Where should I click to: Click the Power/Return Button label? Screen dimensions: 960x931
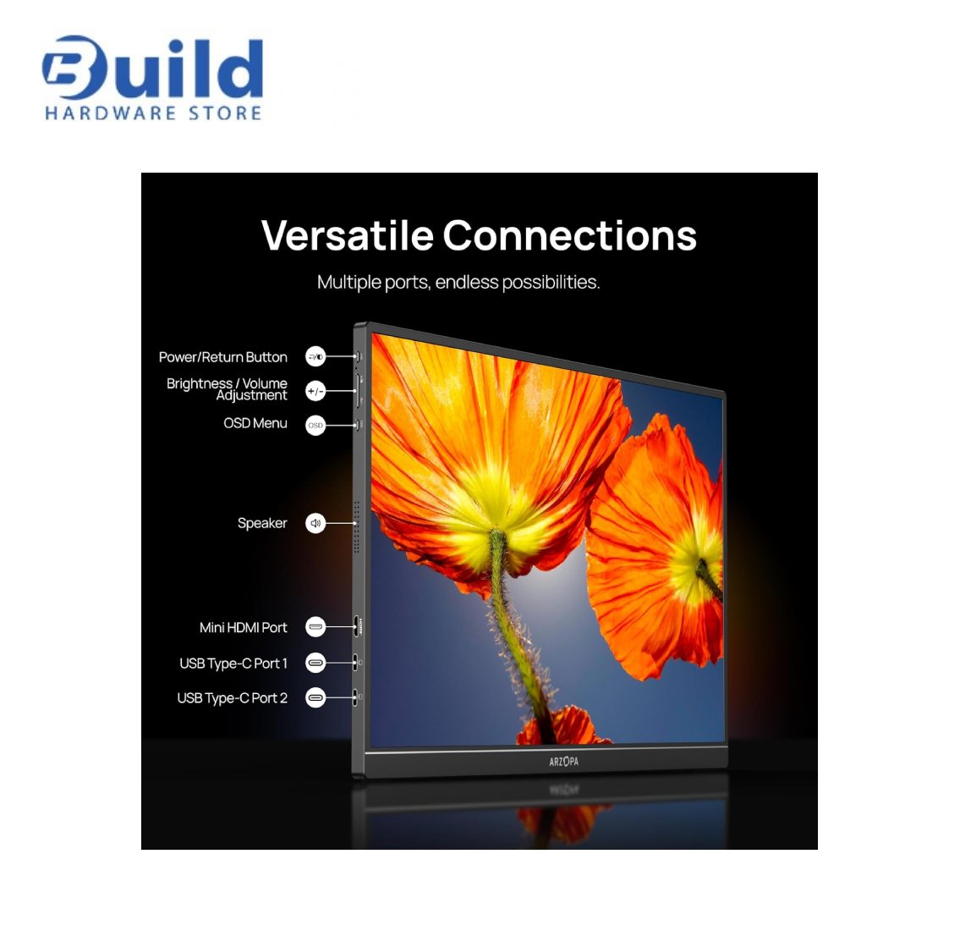point(222,357)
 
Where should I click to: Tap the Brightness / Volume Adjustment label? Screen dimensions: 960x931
point(227,389)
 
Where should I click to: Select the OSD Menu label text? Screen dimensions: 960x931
point(255,423)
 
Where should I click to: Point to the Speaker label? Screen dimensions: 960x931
point(262,523)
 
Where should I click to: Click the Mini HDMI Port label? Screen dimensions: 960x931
point(243,627)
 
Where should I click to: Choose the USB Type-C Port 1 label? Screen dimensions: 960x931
point(233,664)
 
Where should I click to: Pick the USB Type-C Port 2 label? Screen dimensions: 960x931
point(232,698)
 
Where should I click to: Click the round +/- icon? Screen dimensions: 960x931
point(315,391)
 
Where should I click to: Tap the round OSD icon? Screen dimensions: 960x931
point(315,425)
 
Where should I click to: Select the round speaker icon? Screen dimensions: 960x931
point(315,523)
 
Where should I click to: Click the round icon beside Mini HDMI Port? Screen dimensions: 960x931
point(315,626)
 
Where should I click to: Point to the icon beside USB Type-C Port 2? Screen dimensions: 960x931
point(315,697)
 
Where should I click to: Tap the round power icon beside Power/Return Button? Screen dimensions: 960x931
point(315,356)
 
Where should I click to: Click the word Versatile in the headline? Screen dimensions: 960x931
point(347,235)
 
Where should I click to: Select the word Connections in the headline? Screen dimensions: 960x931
point(569,235)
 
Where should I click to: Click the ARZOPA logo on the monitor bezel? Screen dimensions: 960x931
point(563,762)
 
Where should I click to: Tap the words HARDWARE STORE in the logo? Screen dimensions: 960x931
point(153,113)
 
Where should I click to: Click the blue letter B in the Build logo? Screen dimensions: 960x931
point(69,68)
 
